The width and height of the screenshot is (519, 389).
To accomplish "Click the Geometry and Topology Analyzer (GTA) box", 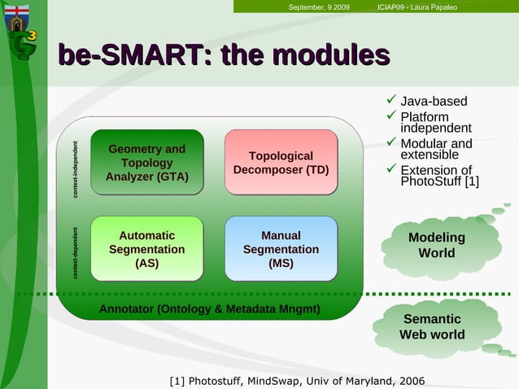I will click(146, 162).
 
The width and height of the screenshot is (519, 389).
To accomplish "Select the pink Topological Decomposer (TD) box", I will click(281, 162).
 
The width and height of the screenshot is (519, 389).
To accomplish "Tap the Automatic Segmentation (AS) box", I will click(146, 249).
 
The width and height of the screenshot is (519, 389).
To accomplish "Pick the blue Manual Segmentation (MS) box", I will click(281, 249).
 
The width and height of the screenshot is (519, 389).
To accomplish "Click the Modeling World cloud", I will click(436, 245).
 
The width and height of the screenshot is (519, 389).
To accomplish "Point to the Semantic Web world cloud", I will click(432, 326).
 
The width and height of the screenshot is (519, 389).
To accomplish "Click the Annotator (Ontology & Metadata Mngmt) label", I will click(209, 309).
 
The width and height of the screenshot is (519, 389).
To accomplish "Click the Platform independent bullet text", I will click(435, 123).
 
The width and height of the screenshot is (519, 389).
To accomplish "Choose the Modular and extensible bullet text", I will click(436, 150).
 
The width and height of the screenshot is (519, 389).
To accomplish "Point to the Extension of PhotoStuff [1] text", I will click(439, 176).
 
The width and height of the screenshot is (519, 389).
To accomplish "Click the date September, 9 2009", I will click(319, 7).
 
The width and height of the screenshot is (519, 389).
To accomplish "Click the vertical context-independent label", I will click(76, 168).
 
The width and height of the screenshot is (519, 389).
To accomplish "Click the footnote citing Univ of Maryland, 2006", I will click(296, 381).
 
